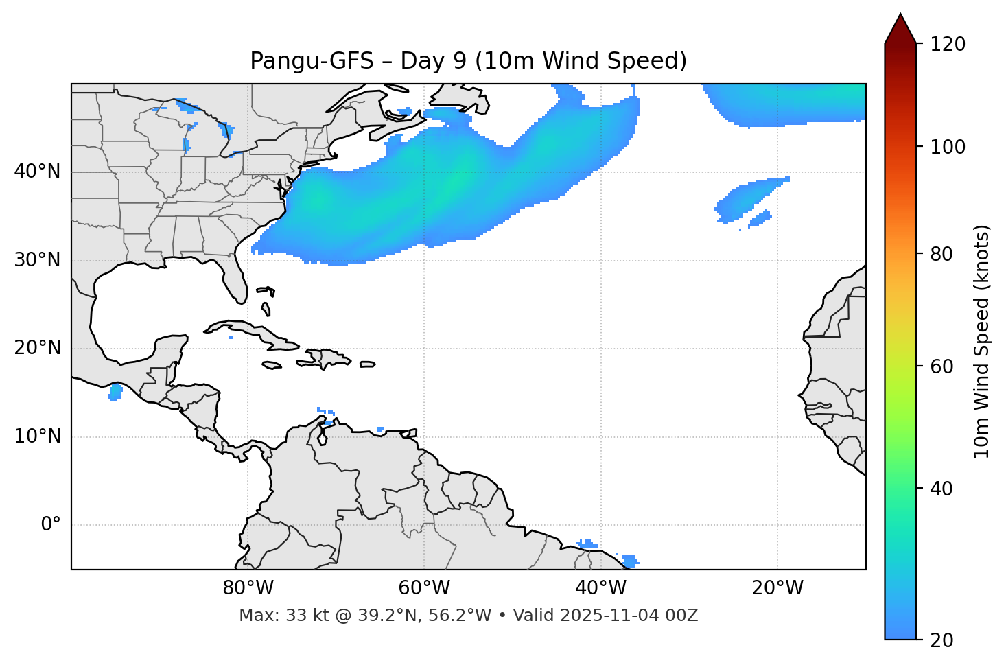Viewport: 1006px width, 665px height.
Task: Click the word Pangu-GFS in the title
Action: click(x=312, y=61)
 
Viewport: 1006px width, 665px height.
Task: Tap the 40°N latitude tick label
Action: click(x=37, y=172)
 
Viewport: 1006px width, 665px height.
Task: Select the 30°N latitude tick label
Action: click(x=37, y=260)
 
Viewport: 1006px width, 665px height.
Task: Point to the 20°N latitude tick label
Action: click(x=37, y=348)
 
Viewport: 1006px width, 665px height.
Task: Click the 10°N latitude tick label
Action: click(x=37, y=436)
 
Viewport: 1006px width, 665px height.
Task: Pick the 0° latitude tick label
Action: click(x=51, y=525)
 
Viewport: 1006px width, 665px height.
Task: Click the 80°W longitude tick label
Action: click(x=248, y=588)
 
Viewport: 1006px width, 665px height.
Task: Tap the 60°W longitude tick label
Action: click(x=424, y=588)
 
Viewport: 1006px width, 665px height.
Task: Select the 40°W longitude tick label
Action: click(x=601, y=588)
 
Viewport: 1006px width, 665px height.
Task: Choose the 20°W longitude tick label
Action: click(x=777, y=588)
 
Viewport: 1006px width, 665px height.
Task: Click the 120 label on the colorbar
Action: click(x=948, y=44)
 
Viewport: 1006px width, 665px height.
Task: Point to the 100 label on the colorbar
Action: click(x=948, y=147)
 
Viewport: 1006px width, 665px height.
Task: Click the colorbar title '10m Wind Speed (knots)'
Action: click(x=982, y=341)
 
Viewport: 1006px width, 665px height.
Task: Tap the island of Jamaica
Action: click(x=272, y=365)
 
